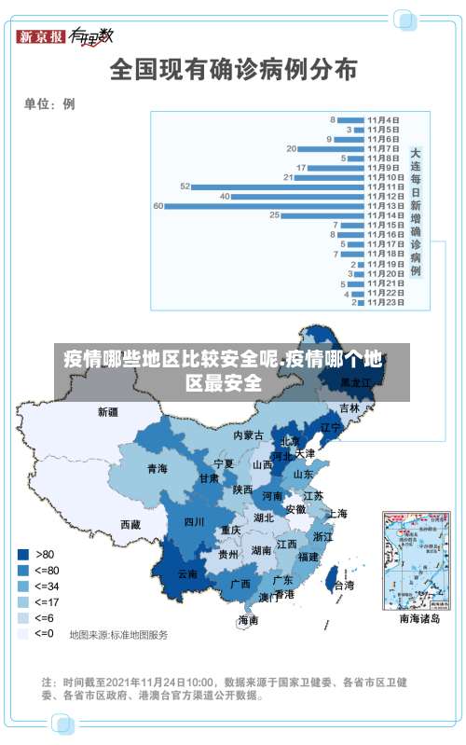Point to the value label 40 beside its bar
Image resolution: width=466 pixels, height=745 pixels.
click(x=225, y=196)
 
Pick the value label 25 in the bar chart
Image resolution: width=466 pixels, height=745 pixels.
click(x=274, y=215)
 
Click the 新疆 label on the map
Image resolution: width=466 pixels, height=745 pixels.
click(x=109, y=411)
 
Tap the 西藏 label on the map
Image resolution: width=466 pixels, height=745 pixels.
click(x=130, y=525)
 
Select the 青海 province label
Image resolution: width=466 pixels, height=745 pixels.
click(x=157, y=469)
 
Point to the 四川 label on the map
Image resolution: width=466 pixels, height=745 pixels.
click(x=194, y=521)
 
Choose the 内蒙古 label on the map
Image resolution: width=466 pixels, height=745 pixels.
click(x=249, y=435)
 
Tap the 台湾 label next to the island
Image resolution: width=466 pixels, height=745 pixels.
click(x=344, y=586)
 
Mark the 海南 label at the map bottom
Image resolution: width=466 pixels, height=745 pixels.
click(x=248, y=619)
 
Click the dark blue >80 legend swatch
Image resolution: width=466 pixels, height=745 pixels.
click(x=21, y=554)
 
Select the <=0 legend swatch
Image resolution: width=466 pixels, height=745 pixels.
click(x=21, y=633)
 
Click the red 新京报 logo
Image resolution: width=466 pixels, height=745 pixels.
click(x=41, y=37)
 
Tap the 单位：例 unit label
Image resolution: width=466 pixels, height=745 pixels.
click(x=49, y=104)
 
